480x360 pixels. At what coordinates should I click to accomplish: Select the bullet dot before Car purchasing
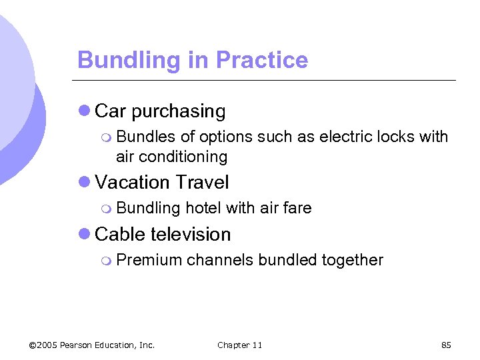coord(84,111)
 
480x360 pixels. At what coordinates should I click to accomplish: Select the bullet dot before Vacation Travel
coord(84,182)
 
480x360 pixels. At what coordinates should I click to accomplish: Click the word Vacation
coord(133,182)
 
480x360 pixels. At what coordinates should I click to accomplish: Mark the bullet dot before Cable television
coord(84,234)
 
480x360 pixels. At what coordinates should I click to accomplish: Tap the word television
coord(191,234)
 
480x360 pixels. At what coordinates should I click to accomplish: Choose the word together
coord(352,260)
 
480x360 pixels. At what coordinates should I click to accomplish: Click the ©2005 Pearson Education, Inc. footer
coord(92,345)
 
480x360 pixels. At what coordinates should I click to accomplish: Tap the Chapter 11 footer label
coord(240,345)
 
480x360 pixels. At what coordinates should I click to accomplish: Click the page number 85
coord(446,345)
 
